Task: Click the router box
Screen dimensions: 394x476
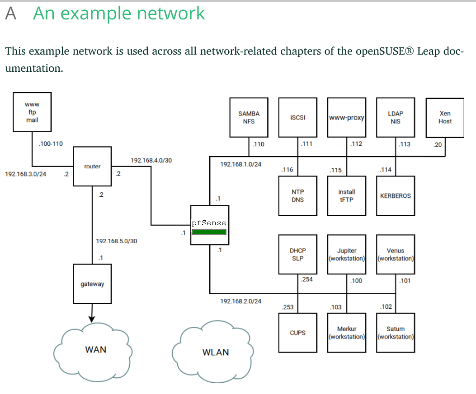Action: point(92,166)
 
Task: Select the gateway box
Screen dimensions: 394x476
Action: point(92,284)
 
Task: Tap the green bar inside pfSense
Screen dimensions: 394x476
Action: point(209,232)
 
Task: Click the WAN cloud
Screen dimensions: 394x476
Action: point(95,350)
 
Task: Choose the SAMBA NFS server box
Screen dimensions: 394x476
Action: point(249,117)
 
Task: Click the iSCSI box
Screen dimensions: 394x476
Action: point(297,117)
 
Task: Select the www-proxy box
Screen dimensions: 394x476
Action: point(347,117)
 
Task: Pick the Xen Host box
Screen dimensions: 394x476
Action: point(445,118)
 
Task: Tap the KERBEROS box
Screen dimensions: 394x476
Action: point(396,195)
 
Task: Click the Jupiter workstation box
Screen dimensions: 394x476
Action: point(347,254)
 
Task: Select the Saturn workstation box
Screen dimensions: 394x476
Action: point(396,333)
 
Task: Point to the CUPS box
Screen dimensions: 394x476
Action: point(297,333)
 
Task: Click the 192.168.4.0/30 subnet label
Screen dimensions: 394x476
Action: point(151,160)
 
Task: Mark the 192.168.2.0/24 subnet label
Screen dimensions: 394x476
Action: point(240,301)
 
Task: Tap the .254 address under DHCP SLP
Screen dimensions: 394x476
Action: point(306,279)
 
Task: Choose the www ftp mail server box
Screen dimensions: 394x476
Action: point(32,112)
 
